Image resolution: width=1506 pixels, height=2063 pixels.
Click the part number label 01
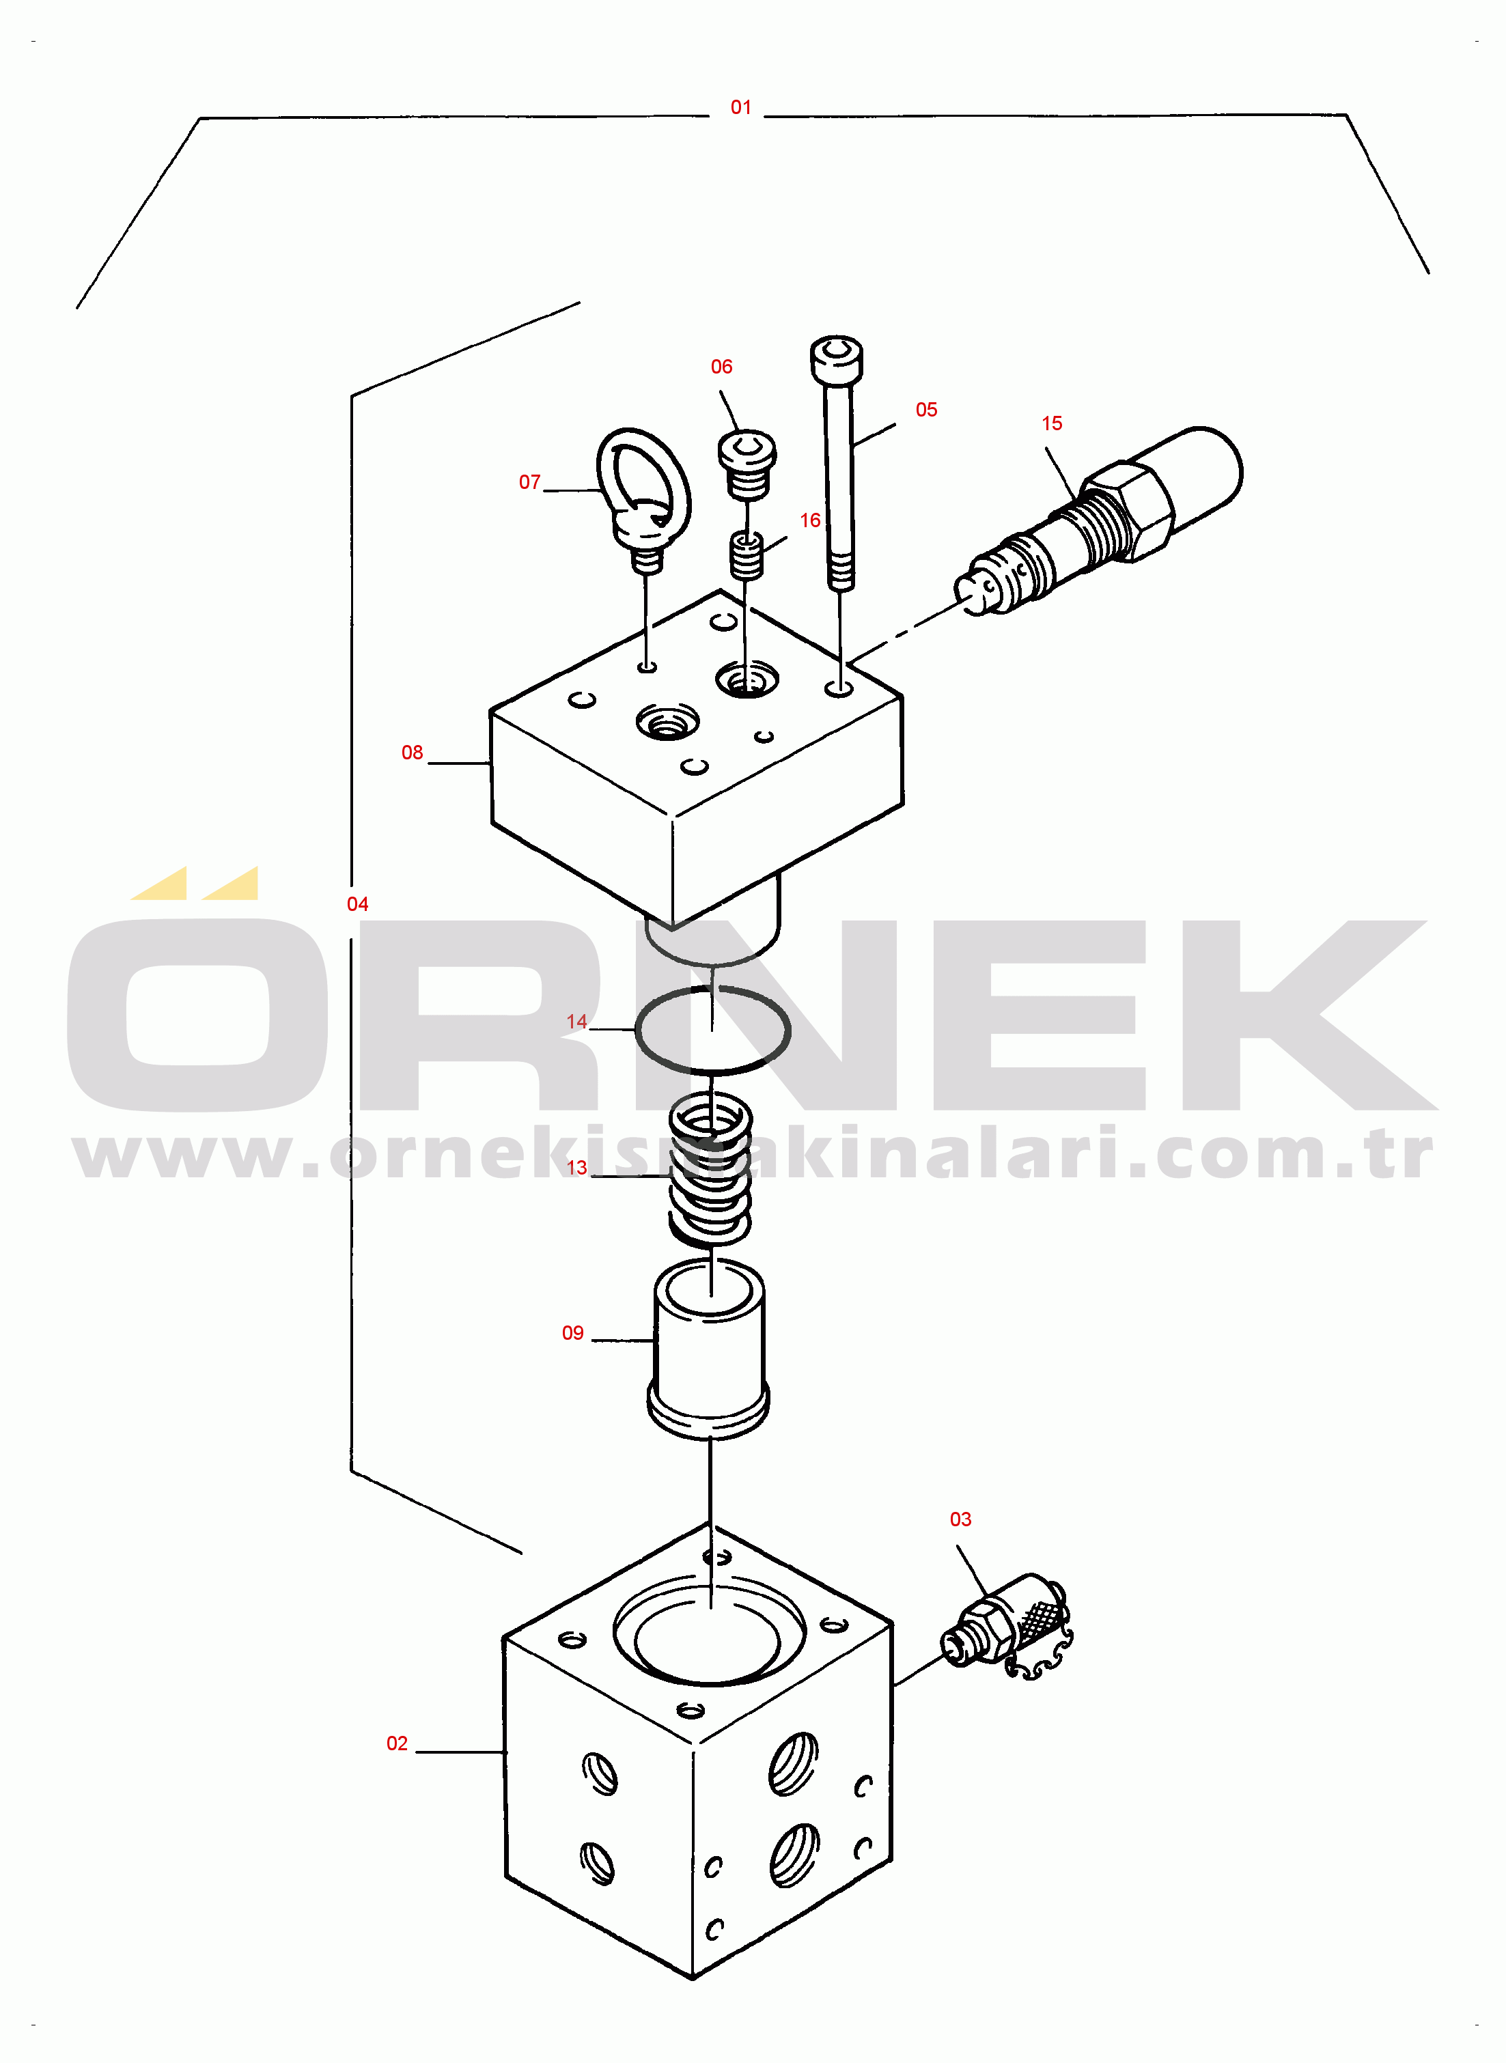click(x=740, y=107)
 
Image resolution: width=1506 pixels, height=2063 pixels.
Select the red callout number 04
click(x=357, y=904)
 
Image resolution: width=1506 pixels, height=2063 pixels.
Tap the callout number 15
click(x=1052, y=423)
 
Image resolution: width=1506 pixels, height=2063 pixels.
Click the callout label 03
click(x=961, y=1519)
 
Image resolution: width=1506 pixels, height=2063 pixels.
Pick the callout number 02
click(x=398, y=1743)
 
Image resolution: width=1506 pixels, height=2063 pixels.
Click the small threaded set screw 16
click(x=747, y=556)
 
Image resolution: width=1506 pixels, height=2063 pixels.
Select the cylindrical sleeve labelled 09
click(x=708, y=1351)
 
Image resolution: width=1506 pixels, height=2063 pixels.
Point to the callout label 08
click(x=412, y=753)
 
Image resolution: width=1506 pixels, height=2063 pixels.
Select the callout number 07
click(x=529, y=482)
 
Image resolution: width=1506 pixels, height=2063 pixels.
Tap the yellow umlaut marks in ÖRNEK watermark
click(x=194, y=883)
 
